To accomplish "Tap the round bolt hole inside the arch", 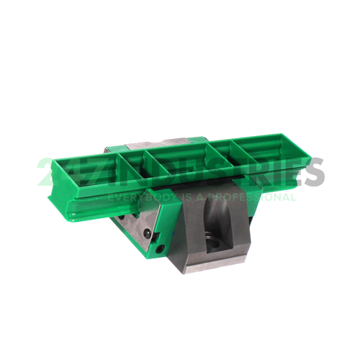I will pos(214,238).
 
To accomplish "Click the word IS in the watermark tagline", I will pos(186,197).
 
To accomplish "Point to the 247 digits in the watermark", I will pos(65,174).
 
